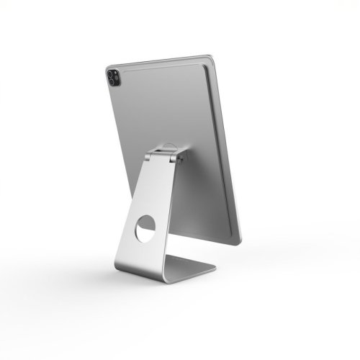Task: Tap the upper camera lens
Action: [x=112, y=73]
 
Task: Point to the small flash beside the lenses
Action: [x=118, y=74]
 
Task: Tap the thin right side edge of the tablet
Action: [x=228, y=151]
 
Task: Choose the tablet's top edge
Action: [x=158, y=60]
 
